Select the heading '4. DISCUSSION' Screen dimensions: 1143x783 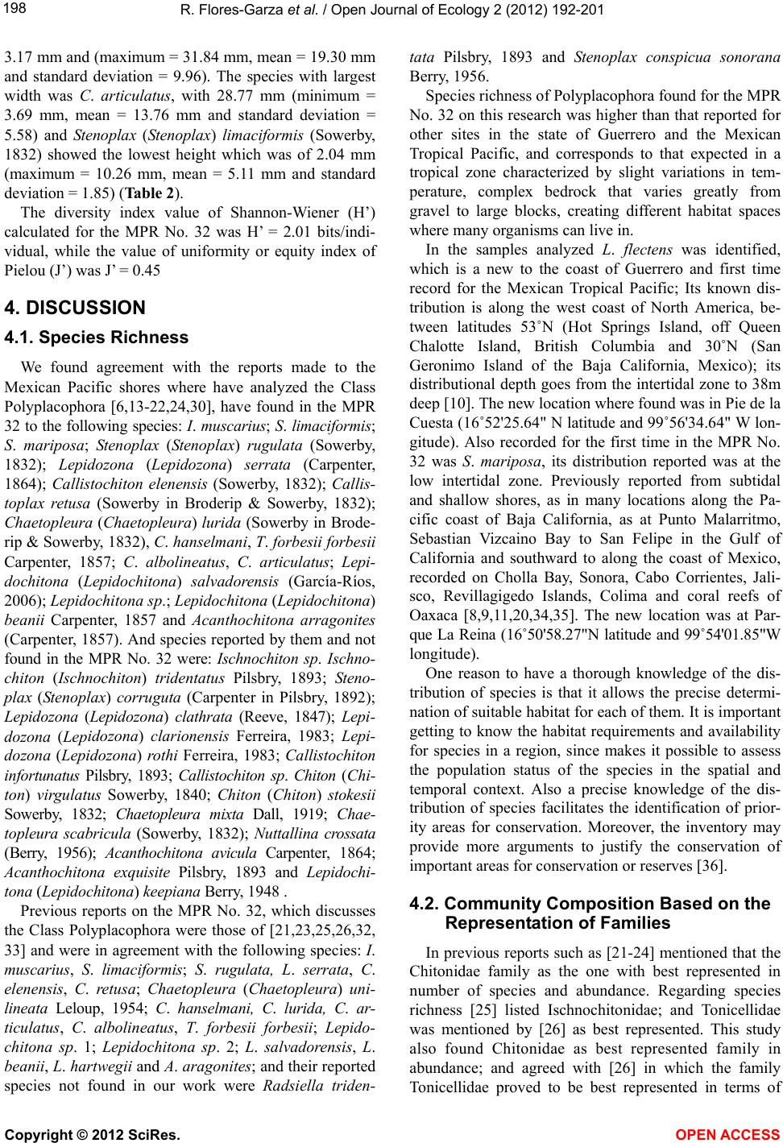75,307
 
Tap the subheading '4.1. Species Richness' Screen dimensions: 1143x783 96,338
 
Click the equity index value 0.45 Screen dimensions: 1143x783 145,271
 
